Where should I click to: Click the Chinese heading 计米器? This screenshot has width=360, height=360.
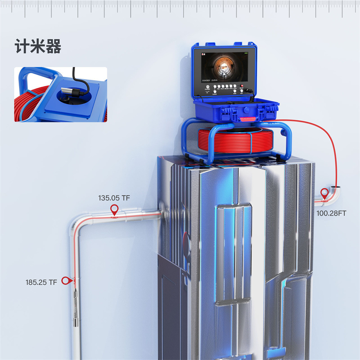point(38,47)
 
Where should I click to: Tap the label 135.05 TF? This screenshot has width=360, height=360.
point(114,198)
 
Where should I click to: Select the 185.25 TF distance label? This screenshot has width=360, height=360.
point(41,283)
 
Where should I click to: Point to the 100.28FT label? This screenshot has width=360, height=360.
point(331,213)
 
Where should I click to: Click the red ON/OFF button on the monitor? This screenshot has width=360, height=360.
point(242,86)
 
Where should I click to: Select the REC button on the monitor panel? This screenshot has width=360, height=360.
point(219,86)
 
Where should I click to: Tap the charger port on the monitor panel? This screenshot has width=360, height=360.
point(208,87)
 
